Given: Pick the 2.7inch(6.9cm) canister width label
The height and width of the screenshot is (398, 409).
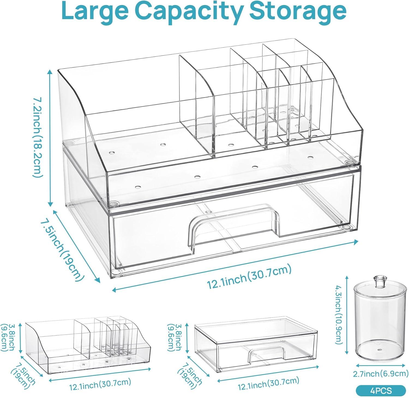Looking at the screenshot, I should [x=380, y=374].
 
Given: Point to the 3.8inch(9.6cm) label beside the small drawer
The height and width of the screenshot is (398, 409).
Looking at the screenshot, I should [x=175, y=337].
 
